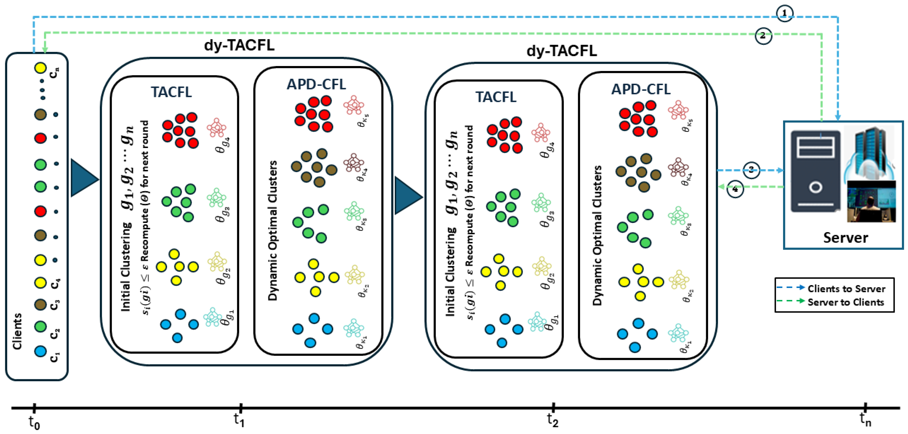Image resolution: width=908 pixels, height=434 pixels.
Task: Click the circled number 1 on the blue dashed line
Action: coord(784,14)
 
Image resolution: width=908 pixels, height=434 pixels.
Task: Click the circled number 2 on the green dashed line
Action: coord(763,36)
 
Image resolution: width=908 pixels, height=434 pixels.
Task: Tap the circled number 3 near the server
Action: coord(751,170)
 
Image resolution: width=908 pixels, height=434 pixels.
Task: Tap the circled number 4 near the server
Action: coord(735,189)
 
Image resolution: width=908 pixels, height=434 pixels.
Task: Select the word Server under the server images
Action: coord(845,238)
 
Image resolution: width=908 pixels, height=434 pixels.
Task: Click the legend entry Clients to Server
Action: coord(846,289)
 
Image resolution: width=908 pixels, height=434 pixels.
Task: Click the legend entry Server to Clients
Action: coord(845,302)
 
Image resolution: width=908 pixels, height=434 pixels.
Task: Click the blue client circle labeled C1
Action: coord(41,351)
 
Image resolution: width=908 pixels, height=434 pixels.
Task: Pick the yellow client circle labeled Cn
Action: coord(41,68)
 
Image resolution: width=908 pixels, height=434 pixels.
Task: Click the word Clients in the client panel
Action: coord(17,331)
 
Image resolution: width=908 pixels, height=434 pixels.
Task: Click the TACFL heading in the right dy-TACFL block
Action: coord(495,97)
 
